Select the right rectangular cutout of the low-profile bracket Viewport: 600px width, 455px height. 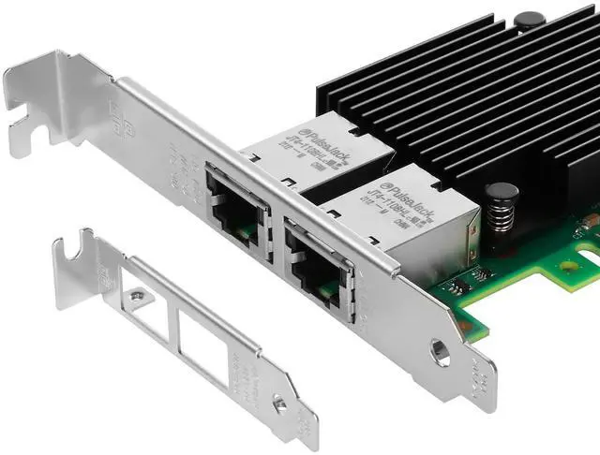pos(202,351)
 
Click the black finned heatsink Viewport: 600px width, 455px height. pos(450,103)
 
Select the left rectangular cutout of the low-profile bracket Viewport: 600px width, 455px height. pos(145,312)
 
